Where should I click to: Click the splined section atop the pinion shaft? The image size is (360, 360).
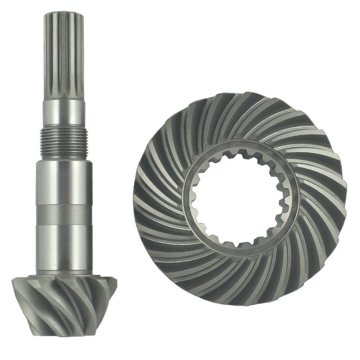coord(63,54)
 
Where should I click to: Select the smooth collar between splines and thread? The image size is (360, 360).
coord(63,112)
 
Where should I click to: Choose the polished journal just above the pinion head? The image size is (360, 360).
coord(63,245)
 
